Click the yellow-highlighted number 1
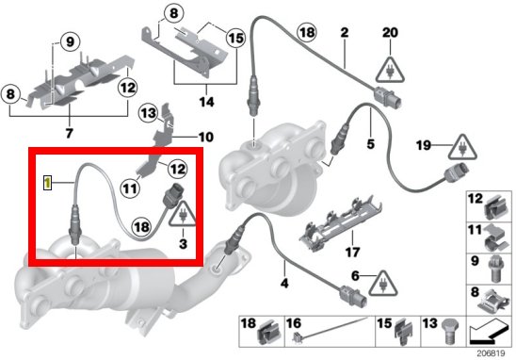[48, 183]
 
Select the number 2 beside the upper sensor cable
[345, 33]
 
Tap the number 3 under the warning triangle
[183, 244]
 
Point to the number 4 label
[284, 283]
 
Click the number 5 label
[371, 144]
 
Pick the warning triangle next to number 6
[382, 284]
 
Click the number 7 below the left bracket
[69, 134]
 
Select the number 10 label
[206, 137]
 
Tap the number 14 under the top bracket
[206, 102]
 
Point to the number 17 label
[352, 253]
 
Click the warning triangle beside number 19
[463, 147]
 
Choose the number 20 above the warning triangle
[390, 32]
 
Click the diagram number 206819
[491, 353]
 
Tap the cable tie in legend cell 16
[329, 329]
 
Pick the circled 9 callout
[70, 42]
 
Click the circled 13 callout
[148, 113]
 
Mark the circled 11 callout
[130, 188]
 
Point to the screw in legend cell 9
[495, 269]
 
